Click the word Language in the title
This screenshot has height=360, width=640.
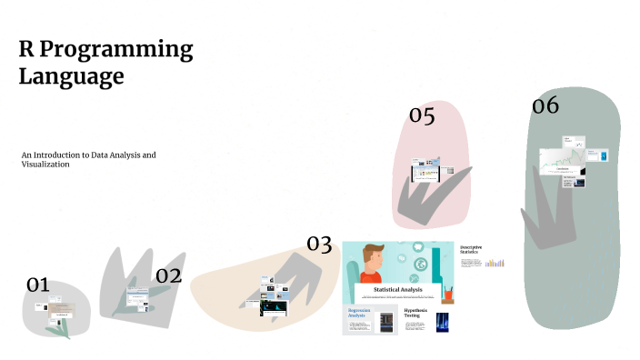coord(71,76)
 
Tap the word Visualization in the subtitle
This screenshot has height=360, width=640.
coord(45,165)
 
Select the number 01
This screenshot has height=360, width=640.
coord(37,285)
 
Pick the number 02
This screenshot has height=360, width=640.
coord(168,275)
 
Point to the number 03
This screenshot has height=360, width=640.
coord(319,243)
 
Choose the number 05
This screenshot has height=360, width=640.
coord(422,115)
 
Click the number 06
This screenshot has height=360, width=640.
coord(545,105)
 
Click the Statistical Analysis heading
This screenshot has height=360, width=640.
coord(398,290)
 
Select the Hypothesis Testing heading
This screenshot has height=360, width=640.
coord(417,314)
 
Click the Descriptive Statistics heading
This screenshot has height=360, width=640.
coord(471,250)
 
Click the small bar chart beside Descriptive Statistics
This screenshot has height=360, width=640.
coord(494,263)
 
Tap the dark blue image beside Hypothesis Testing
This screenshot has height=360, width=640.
coord(443,323)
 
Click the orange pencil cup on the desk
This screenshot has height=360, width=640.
coord(448,295)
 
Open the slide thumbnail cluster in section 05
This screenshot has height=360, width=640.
coord(426,168)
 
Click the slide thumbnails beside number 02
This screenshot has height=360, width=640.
coord(137,297)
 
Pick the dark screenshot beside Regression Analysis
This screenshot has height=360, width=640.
coord(386,321)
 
